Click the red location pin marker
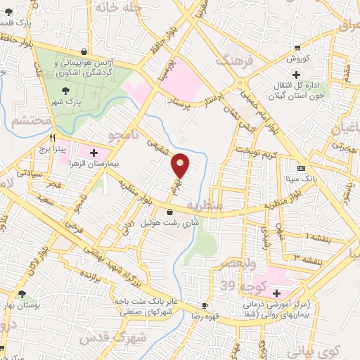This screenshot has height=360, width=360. [x=181, y=165]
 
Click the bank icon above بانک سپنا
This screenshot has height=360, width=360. [x=301, y=169]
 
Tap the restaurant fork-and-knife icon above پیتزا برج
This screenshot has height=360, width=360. [x=52, y=139]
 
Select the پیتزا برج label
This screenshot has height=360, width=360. [x=52, y=149]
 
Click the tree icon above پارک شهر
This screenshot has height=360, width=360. [x=65, y=90]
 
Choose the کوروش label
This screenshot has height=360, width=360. [x=300, y=58]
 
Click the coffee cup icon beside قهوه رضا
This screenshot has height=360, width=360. [x=205, y=306]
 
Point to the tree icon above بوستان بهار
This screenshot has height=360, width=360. [x=22, y=294]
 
